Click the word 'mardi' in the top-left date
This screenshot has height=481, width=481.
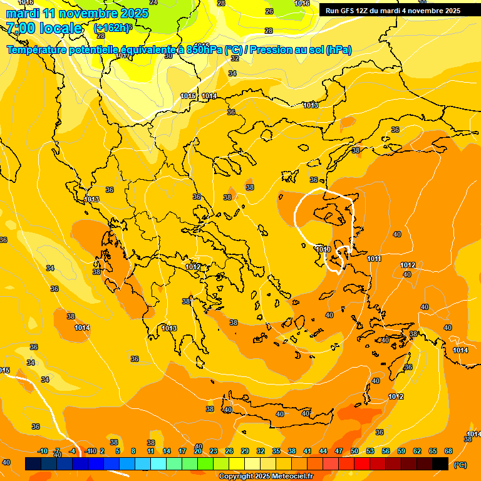[23, 14]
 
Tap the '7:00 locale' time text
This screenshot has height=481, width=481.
[44, 28]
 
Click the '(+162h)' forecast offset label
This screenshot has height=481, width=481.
[113, 28]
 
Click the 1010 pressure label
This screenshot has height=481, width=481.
[323, 249]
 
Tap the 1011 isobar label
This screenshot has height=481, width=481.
[374, 259]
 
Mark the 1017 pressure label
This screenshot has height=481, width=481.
[123, 56]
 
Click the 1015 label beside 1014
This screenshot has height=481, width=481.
[188, 96]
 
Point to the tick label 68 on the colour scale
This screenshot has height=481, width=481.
[448, 451]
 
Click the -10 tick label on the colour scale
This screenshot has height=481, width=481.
[43, 451]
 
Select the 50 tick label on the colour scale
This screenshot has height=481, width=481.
[354, 451]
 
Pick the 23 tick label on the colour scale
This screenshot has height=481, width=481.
[214, 451]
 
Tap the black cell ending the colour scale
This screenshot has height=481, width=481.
[440, 463]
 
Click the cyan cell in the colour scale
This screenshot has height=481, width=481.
[158, 463]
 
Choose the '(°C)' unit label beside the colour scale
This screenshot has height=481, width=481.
[460, 465]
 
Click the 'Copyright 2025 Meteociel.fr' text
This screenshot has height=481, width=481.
[266, 477]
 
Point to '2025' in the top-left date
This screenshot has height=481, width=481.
[133, 14]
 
